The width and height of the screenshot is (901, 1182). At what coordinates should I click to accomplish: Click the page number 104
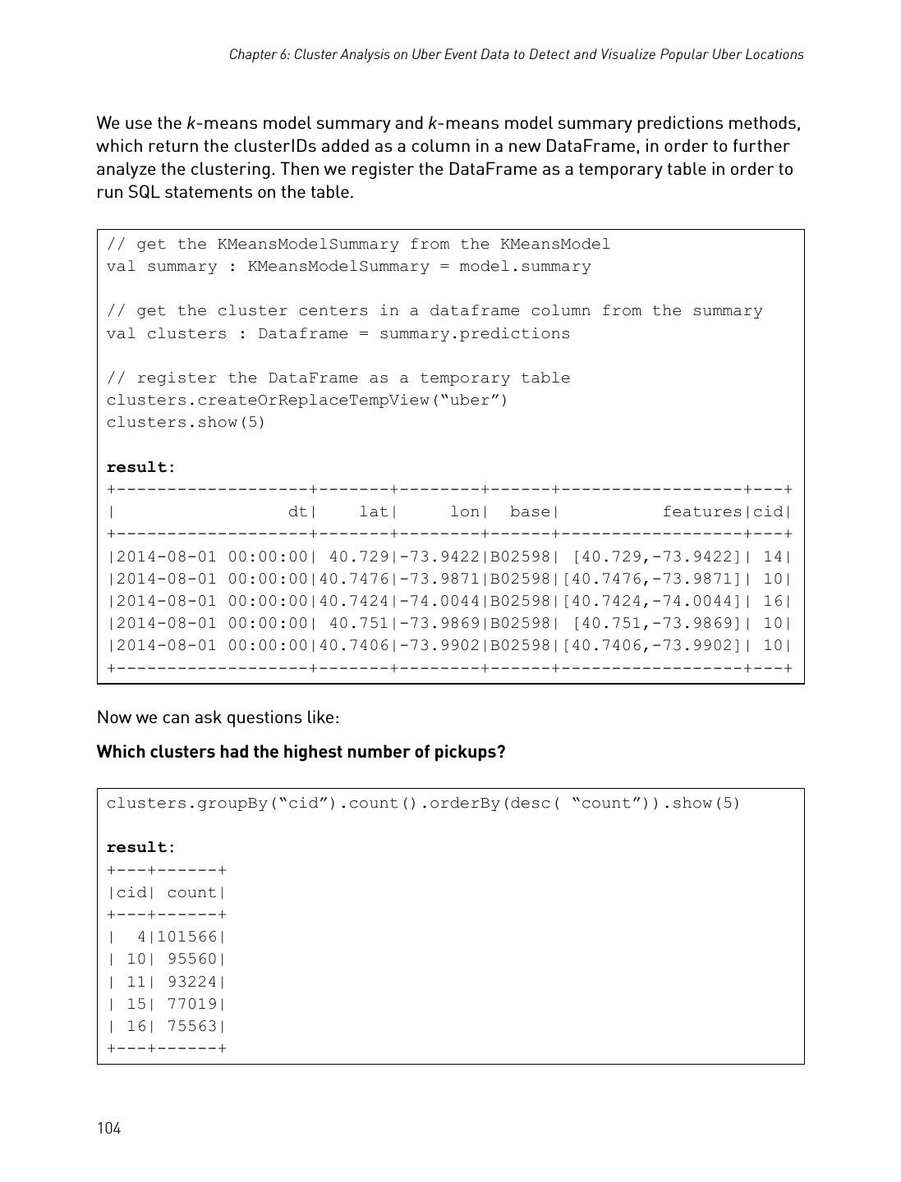click(108, 1128)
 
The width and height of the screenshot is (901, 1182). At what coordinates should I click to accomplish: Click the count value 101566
click(188, 937)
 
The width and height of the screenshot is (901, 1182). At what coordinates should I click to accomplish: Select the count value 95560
click(193, 959)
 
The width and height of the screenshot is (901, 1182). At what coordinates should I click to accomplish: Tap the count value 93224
click(193, 982)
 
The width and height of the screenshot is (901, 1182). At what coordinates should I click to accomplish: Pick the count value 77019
click(193, 1004)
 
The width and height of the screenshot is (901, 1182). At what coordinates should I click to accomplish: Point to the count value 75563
click(193, 1026)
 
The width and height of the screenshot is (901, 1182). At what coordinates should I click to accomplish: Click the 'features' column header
click(701, 512)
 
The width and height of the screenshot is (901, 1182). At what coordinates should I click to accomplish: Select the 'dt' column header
click(297, 512)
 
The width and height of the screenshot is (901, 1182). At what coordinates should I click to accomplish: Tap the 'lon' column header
click(464, 512)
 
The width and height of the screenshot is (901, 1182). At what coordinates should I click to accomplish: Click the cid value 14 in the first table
click(773, 557)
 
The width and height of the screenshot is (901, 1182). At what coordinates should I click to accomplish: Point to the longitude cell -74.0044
click(442, 601)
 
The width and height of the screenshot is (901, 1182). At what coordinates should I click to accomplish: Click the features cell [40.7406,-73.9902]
click(653, 645)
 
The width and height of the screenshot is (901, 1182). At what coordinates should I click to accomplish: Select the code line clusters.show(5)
click(186, 423)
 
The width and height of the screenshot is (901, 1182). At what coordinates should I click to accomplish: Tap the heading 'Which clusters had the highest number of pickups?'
click(301, 752)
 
